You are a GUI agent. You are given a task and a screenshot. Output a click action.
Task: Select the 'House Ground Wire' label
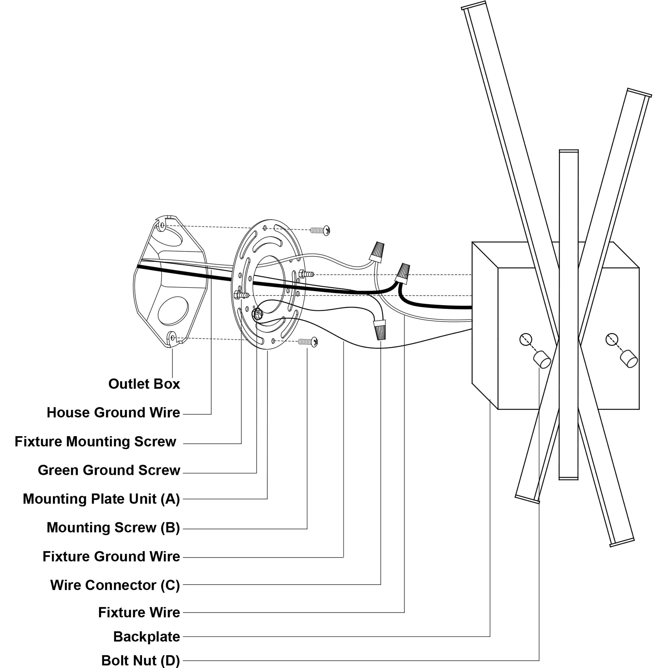113,413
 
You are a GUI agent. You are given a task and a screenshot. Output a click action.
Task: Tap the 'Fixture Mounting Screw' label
95,442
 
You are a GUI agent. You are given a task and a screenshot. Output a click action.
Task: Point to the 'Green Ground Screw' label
109,470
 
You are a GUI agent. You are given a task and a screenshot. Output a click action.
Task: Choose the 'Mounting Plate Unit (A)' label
101,499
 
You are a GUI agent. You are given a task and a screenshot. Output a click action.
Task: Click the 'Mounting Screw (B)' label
113,528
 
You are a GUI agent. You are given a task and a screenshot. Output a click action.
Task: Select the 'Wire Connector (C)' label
115,585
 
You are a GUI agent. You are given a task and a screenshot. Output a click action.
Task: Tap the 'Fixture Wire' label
139,612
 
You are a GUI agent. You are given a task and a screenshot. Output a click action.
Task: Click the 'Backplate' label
147,637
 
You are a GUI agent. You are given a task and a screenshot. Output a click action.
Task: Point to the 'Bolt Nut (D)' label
140,660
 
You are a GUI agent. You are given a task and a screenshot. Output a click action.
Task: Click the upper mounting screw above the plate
320,230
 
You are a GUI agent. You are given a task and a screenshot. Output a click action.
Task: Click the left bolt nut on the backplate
542,359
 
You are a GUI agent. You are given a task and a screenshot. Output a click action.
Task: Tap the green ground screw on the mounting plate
257,314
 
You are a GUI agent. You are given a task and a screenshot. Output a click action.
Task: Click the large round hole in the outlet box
173,310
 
